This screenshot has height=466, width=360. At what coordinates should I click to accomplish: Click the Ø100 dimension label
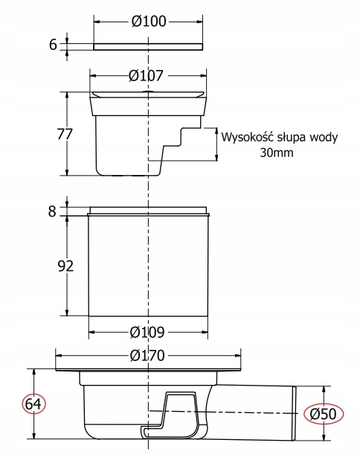149,22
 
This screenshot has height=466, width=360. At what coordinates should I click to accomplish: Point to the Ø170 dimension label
148,356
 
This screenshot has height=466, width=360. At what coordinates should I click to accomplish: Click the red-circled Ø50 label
321,412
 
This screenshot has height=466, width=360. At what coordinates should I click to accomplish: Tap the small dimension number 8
52,211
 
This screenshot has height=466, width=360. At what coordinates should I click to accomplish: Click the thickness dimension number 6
54,45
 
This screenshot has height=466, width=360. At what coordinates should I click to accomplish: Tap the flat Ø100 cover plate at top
149,47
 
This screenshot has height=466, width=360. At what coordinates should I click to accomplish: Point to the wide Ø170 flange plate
149,369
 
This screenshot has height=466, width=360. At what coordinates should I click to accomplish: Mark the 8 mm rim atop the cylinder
149,209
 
